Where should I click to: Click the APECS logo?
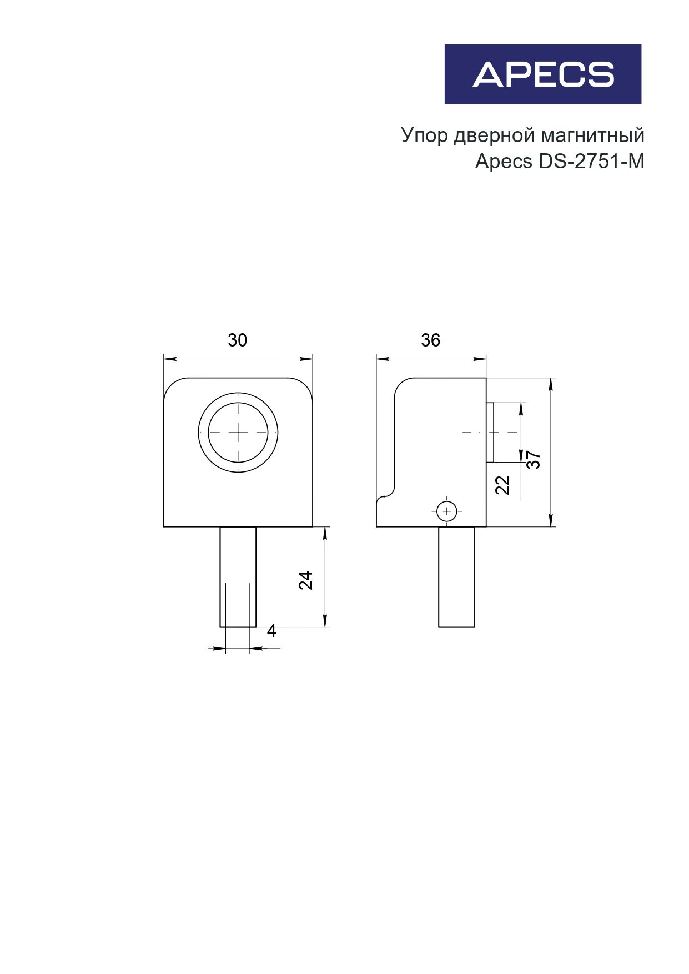point(542,74)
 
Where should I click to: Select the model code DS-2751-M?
point(591,162)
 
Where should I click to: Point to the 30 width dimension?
point(237,340)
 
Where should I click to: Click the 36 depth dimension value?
point(430,340)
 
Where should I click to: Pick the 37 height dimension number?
point(534,460)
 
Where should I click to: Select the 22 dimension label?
point(502,485)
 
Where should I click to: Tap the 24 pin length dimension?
point(306,580)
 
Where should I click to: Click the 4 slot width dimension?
point(271,631)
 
